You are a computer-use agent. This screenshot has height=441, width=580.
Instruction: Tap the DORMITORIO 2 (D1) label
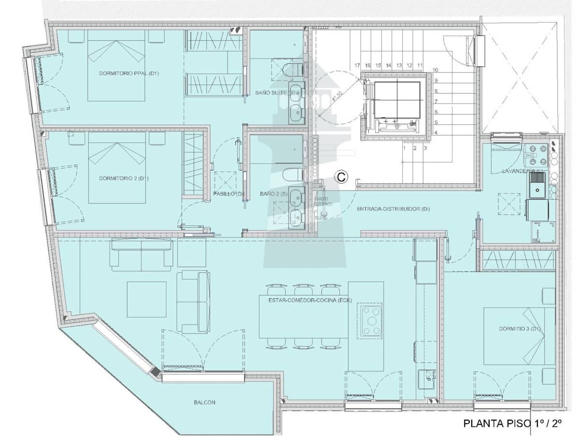[123, 178]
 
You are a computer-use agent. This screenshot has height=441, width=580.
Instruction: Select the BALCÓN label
[204, 402]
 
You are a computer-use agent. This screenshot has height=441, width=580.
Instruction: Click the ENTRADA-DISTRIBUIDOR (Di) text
[393, 209]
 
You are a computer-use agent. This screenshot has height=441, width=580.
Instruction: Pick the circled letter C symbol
[341, 177]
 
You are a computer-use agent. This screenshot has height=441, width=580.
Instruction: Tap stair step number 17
[357, 65]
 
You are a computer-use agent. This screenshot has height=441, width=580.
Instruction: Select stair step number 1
[405, 148]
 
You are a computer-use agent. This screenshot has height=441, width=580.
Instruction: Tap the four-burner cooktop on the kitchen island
[369, 319]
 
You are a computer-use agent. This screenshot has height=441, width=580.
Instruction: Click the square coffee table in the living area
[146, 299]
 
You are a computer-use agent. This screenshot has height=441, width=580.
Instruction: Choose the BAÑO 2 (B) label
[274, 193]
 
